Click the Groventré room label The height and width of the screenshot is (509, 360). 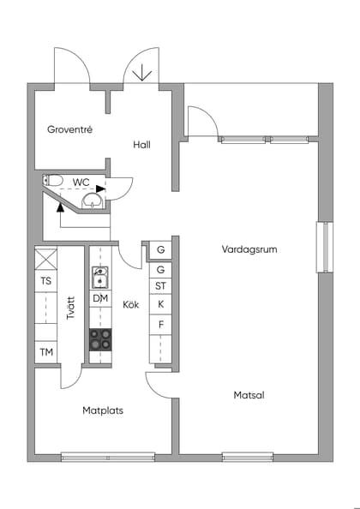tap(69, 129)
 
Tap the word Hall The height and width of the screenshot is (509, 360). tap(142, 145)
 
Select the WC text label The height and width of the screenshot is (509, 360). tap(81, 182)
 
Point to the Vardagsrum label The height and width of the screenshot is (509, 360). tap(249, 249)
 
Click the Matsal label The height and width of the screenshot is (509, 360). tap(249, 395)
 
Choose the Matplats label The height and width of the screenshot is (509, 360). tap(103, 410)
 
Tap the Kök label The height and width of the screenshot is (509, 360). tap(130, 305)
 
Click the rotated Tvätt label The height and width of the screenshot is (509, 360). tap(71, 308)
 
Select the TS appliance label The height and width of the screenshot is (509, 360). tap(45, 281)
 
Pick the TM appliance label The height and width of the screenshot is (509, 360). tap(45, 352)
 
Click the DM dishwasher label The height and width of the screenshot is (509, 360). tap(100, 297)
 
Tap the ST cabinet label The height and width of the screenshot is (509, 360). tap(159, 286)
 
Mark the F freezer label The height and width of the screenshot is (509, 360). tap(159, 325)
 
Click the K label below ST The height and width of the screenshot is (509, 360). tap(159, 304)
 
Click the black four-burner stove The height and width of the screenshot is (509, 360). tap(100, 339)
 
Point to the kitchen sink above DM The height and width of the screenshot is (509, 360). tap(100, 277)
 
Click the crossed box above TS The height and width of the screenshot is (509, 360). tap(45, 259)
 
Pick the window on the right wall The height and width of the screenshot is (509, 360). tap(323, 248)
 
